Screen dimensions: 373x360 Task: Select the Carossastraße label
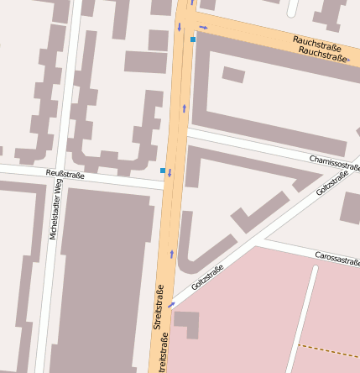click(337, 257)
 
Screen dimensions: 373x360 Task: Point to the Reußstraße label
click(65, 174)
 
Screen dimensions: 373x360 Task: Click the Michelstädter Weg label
click(55, 210)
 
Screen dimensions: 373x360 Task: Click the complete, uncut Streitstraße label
click(158, 307)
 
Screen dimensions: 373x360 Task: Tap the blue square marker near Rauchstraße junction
click(193, 39)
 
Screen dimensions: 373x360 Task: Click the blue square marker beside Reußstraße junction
click(163, 171)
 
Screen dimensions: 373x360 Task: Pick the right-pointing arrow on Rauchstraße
click(203, 28)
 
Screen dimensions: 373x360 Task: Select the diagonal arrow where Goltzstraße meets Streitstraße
click(171, 304)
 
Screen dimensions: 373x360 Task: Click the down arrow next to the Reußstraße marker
click(170, 174)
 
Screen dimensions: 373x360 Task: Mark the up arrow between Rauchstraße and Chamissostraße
click(184, 108)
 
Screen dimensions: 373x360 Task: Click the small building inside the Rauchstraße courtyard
click(233, 75)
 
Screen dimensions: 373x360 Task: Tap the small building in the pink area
click(186, 323)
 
